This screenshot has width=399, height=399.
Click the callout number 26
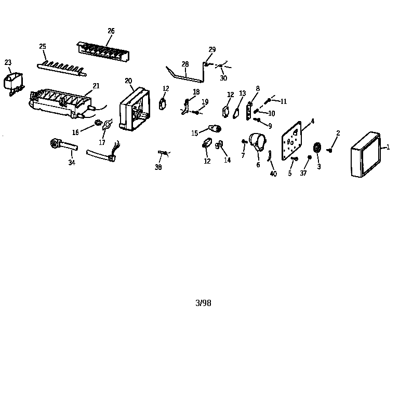pyautogui.click(x=111, y=31)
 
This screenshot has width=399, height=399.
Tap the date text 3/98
pyautogui.click(x=203, y=303)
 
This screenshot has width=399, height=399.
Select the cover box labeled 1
pyautogui.click(x=366, y=154)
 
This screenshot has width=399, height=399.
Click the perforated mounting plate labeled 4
pyautogui.click(x=291, y=141)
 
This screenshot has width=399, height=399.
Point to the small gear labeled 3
pyautogui.click(x=317, y=148)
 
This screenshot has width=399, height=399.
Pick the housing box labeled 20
pyautogui.click(x=135, y=109)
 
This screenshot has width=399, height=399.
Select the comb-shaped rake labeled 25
pyautogui.click(x=62, y=68)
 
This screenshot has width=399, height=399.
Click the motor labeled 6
pyautogui.click(x=258, y=141)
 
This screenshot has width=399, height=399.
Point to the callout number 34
pyautogui.click(x=72, y=162)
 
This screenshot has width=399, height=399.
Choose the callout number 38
pyautogui.click(x=158, y=167)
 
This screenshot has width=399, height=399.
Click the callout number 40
pyautogui.click(x=273, y=174)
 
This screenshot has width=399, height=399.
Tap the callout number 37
pyautogui.click(x=303, y=173)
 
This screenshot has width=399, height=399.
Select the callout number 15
pyautogui.click(x=195, y=133)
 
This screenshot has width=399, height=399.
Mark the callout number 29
pyautogui.click(x=212, y=49)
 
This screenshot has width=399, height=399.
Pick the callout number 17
pyautogui.click(x=102, y=142)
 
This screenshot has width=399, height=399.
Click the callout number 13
pyautogui.click(x=243, y=94)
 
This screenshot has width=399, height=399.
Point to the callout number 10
pyautogui.click(x=272, y=113)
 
